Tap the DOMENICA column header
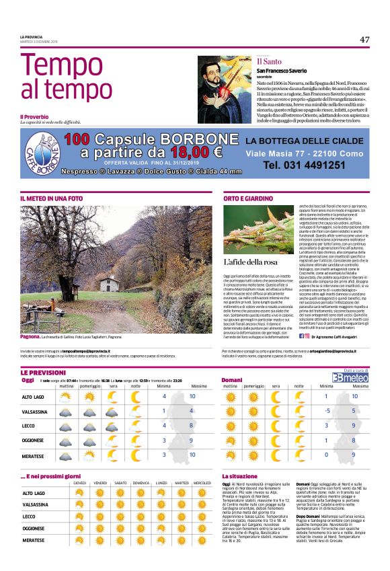pos(141,483)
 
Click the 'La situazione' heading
pos(240,476)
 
